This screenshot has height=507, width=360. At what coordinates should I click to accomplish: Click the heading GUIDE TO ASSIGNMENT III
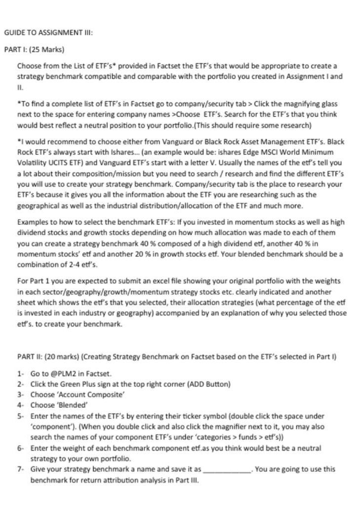pyautogui.click(x=48, y=33)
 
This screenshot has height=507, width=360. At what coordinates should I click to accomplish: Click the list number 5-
pyautogui.click(x=21, y=416)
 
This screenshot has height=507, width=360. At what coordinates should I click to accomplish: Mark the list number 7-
pyautogui.click(x=21, y=469)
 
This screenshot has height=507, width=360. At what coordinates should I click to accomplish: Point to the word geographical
pyautogui.click(x=39, y=205)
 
